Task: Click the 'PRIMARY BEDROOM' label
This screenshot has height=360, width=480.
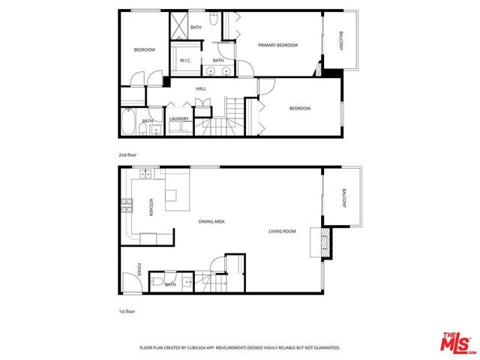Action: tap(277, 45)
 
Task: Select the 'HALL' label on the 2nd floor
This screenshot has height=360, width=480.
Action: tap(201, 88)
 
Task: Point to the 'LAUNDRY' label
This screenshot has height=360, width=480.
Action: tap(178, 118)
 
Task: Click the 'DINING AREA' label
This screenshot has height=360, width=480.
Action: tap(211, 221)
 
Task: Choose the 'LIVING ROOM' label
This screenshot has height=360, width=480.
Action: tap(283, 231)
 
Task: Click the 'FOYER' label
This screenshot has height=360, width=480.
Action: tap(139, 268)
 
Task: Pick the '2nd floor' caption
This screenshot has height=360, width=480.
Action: tap(127, 154)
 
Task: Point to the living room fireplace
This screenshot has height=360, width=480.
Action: tap(325, 243)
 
